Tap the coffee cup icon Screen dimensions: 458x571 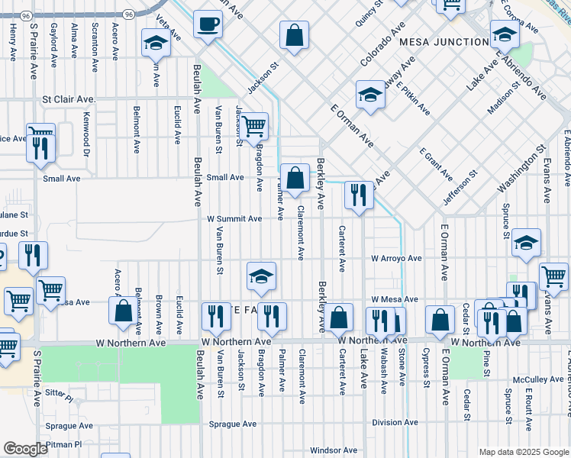click(x=208, y=24)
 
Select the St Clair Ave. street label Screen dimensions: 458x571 click(x=69, y=99)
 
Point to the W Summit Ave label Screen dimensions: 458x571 click(x=235, y=218)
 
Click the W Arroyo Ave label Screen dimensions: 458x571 click(x=396, y=259)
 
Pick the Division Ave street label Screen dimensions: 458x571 click(x=395, y=422)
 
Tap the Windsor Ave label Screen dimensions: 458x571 click(x=334, y=450)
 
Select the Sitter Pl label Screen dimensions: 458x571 click(x=58, y=399)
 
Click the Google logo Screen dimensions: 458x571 click(x=26, y=449)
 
